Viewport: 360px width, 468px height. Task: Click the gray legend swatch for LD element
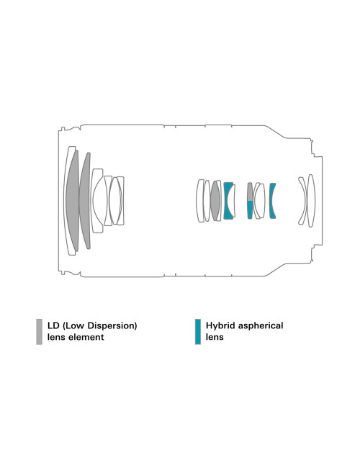coord(39,332)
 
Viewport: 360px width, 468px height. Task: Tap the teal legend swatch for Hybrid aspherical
coord(197,332)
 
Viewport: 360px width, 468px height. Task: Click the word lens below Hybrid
coord(215,337)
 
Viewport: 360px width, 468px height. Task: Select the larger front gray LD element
coord(73,201)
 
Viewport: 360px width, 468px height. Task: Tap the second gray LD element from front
coord(85,201)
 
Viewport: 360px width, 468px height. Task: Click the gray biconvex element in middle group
coord(215,201)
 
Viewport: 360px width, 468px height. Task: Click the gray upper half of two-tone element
coord(250,192)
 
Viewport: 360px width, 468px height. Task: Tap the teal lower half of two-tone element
coord(250,210)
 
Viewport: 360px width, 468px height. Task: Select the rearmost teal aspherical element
coord(271,201)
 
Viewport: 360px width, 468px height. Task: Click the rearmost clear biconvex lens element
coord(311,201)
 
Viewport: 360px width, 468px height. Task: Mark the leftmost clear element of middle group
coord(200,201)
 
